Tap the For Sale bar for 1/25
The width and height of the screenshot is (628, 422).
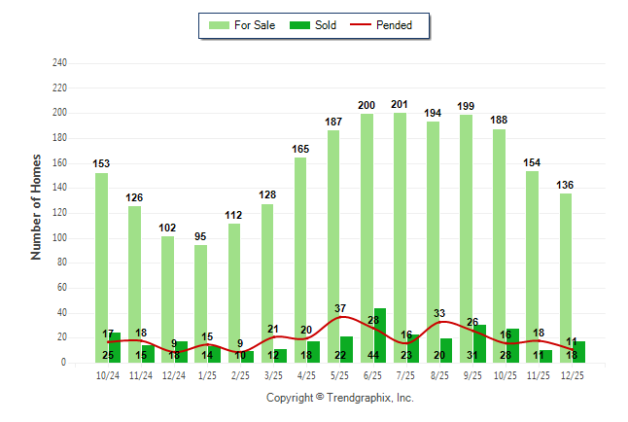200,292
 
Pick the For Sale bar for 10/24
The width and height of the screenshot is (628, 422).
101,253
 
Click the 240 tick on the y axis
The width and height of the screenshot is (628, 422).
59,63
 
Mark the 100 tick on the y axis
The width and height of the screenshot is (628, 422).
59,238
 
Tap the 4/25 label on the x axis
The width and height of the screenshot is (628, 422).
306,375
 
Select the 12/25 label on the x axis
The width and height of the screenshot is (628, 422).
572,375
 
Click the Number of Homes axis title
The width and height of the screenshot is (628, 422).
37,206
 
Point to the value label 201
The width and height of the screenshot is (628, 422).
401,104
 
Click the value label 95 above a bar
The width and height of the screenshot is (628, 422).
201,236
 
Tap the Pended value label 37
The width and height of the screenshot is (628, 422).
340,308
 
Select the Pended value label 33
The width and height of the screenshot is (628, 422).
439,313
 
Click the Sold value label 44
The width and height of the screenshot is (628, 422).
373,356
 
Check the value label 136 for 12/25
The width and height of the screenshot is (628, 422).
566,185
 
